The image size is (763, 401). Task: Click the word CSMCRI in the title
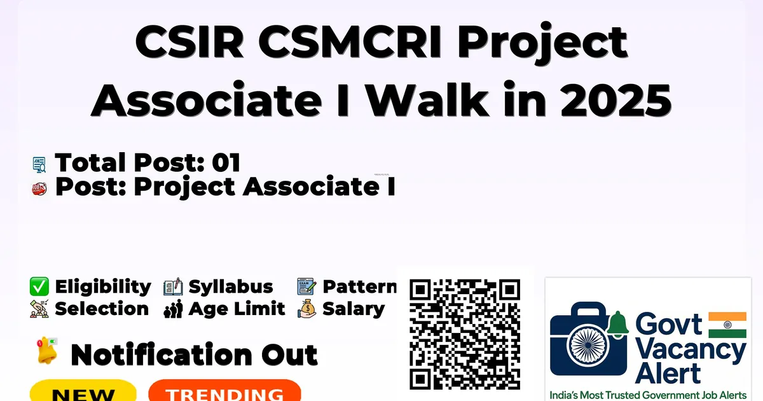[x=350, y=43]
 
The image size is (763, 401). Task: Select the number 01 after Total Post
[x=226, y=162]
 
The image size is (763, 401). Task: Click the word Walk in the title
[x=428, y=99]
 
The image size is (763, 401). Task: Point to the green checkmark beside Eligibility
[x=39, y=286]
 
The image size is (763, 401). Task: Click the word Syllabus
[x=231, y=287]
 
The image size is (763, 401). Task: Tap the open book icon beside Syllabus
[x=173, y=286]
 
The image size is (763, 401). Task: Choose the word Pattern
[x=359, y=286]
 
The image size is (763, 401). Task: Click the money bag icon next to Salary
[x=307, y=309]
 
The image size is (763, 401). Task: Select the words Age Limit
[x=237, y=309]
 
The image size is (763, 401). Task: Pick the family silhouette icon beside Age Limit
[x=173, y=309]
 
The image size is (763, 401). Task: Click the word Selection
[x=102, y=309]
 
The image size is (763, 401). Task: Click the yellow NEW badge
[x=83, y=391]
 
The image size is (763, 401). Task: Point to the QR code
[x=465, y=334]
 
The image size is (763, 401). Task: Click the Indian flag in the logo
[x=727, y=325]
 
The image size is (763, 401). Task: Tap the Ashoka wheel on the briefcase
[x=588, y=345]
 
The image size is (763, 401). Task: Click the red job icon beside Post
[x=39, y=188]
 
